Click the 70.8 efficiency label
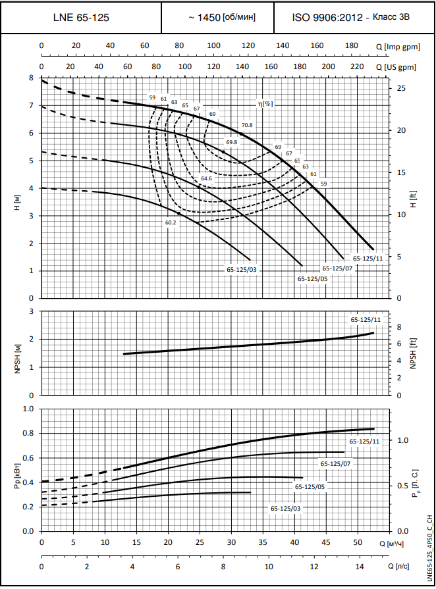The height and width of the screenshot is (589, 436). pos(247,125)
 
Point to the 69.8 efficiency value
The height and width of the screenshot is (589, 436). pos(231,142)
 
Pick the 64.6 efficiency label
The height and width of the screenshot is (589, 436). pos(206,178)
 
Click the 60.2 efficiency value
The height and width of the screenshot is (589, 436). pos(171,222)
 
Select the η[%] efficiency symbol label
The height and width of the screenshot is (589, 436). pos(265,104)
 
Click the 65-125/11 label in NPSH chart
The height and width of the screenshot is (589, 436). pos(366,319)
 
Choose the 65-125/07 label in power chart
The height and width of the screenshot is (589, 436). pos(335,464)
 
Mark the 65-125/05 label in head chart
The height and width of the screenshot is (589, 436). pos(312,278)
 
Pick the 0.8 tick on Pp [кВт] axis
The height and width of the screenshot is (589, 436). pos(28,433)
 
